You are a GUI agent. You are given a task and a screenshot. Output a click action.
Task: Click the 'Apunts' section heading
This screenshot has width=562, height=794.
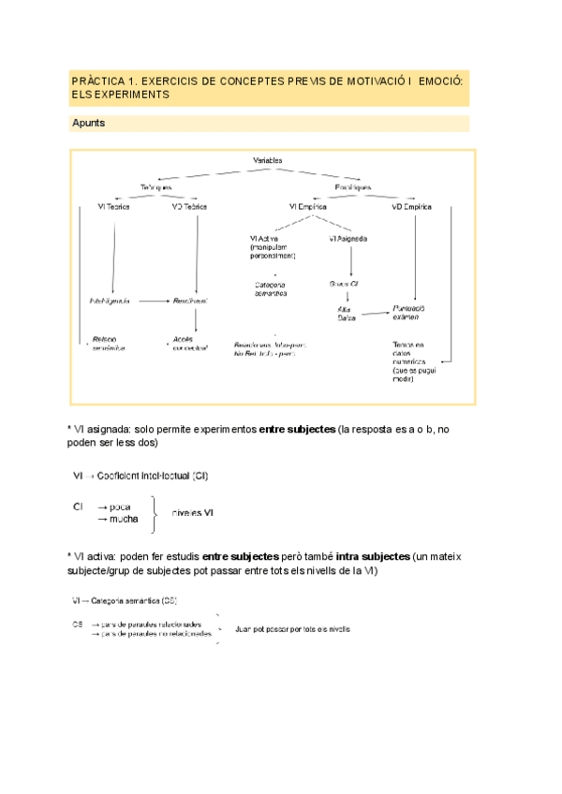pos(88,124)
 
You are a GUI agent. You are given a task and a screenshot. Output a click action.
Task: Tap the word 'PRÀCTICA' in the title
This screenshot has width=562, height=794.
pos(96,82)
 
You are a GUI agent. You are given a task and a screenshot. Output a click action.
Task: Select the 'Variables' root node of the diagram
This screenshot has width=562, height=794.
pos(268,161)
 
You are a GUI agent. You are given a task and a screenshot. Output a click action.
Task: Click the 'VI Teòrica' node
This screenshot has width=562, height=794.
pos(113,206)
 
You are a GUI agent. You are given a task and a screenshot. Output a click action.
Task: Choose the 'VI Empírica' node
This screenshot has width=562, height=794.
pos(311,206)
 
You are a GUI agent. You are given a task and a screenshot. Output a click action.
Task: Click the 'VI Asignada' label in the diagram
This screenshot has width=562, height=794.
pos(348,239)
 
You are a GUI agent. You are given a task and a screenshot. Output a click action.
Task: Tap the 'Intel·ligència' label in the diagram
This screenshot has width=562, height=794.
pos(110,301)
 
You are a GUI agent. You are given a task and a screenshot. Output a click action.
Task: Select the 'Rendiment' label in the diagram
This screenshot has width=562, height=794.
pos(189,301)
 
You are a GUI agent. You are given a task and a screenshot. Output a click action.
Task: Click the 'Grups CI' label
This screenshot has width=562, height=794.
pos(346,282)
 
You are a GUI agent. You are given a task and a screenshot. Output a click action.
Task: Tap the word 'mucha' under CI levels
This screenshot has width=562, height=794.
pos(118,518)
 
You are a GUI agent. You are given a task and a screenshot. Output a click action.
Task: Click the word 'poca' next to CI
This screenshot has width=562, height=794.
pos(114,507)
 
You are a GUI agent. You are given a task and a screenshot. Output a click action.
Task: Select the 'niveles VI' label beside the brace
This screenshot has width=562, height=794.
pos(194,512)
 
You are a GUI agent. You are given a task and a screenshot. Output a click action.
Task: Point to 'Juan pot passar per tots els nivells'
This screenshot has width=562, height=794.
pos(293,629)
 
